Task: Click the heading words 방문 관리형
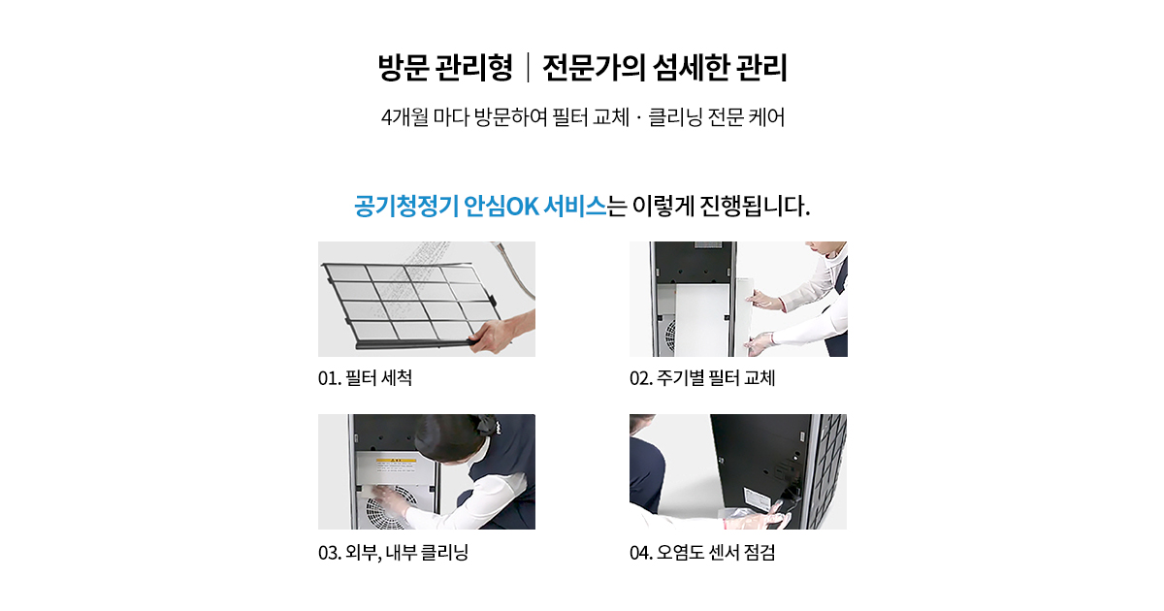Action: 445,68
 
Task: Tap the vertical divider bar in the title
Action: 528,68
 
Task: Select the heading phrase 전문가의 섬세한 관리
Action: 665,68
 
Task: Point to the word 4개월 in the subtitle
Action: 404,117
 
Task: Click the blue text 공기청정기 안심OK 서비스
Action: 480,207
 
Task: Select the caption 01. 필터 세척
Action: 365,377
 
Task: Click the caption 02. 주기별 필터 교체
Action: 702,377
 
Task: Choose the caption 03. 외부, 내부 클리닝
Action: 394,552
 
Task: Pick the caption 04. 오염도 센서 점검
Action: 702,552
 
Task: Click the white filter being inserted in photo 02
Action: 701,319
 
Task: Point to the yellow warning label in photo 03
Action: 397,461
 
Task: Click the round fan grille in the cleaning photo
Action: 391,508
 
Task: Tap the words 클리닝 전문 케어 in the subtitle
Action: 717,117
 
